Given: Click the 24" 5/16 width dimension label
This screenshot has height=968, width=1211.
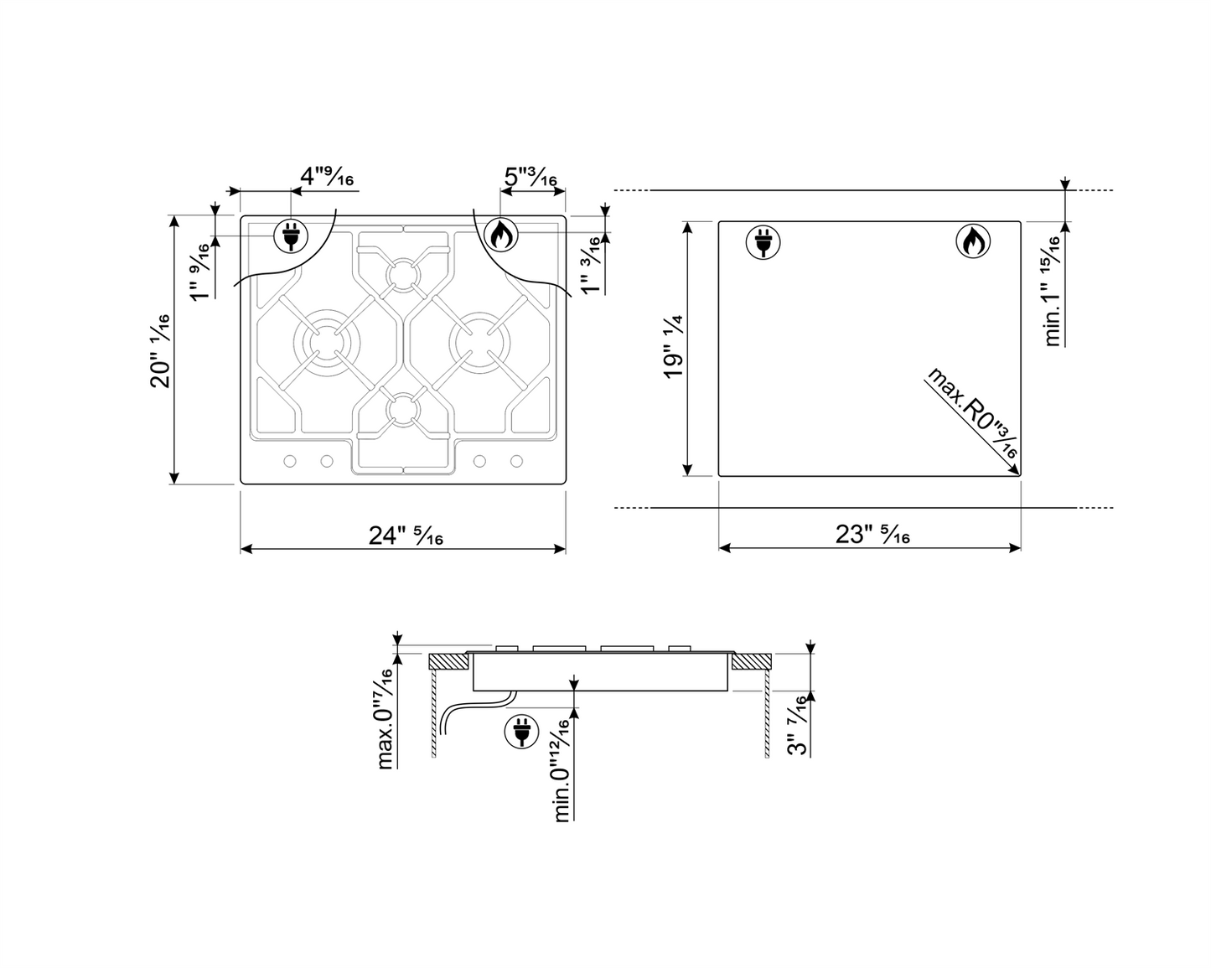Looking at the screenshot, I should (406, 536).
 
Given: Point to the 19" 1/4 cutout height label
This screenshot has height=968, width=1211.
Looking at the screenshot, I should (674, 347).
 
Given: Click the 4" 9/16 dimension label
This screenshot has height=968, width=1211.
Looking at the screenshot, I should (327, 177).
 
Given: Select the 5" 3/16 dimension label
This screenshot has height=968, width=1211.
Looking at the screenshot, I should (530, 178).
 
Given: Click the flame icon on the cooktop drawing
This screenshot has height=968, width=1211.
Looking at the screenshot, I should (501, 236).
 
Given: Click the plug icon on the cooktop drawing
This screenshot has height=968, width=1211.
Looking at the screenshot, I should (290, 236).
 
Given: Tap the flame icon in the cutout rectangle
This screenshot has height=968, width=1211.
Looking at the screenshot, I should (972, 242).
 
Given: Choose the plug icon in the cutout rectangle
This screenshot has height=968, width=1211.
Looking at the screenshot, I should (763, 242).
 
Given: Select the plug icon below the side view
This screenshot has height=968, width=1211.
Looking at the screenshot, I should (520, 731).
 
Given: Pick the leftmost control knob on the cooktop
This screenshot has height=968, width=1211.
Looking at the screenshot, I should (290, 461).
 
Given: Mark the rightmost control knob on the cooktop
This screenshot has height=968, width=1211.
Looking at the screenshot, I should (517, 461).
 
